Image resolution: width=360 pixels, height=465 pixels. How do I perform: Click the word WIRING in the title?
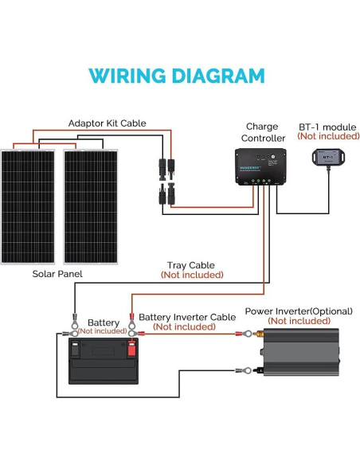pyautogui.click(x=128, y=76)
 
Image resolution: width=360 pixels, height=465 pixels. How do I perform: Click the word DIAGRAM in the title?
pyautogui.click(x=217, y=76)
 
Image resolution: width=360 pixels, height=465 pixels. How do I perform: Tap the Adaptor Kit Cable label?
pyautogui.click(x=107, y=123)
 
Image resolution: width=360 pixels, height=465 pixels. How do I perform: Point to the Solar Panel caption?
pyautogui.click(x=57, y=274)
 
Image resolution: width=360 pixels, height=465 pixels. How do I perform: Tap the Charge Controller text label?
pyautogui.click(x=262, y=132)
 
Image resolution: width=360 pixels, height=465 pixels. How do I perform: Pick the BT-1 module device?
pyautogui.click(x=327, y=158)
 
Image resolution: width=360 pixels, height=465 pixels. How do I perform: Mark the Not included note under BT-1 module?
pyautogui.click(x=327, y=136)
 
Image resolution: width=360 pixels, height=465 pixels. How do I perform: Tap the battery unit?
pyautogui.click(x=103, y=361)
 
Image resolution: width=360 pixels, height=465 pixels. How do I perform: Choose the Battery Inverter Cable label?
pyautogui.click(x=187, y=317)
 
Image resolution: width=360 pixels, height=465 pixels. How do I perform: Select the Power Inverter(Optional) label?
pyautogui.click(x=299, y=311)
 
